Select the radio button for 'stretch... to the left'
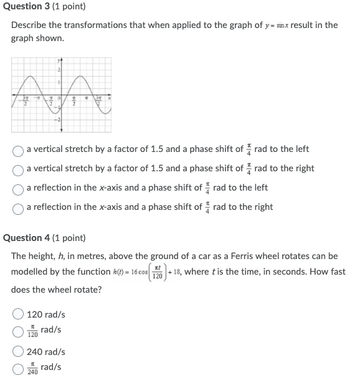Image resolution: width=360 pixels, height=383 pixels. pyautogui.click(x=19, y=150)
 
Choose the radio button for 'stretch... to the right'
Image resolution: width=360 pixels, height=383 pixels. pyautogui.click(x=19, y=169)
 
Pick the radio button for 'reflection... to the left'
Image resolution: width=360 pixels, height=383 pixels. pyautogui.click(x=19, y=188)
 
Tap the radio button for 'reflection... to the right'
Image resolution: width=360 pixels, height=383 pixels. pyautogui.click(x=19, y=207)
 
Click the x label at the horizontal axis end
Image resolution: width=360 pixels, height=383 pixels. pyautogui.click(x=109, y=97)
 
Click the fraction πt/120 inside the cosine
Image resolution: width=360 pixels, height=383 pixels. pyautogui.click(x=156, y=273)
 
